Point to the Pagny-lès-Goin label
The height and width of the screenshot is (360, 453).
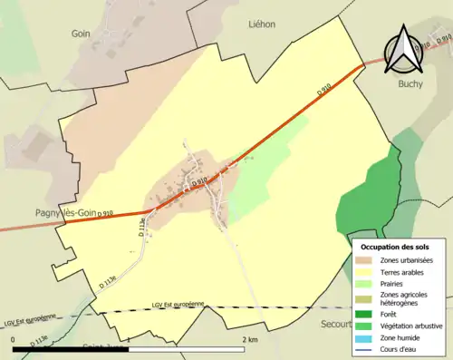coord(54,213)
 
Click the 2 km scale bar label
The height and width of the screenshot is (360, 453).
coord(250,338)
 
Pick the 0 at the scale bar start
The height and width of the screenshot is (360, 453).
coord(14,338)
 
